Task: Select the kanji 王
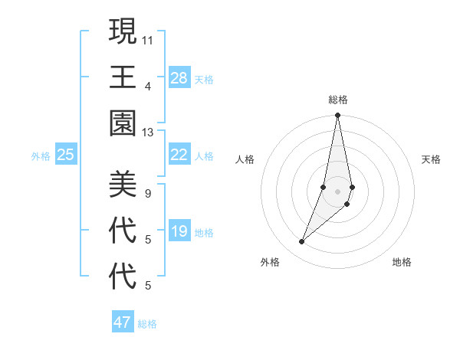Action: point(122,77)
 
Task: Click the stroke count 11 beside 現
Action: point(148,40)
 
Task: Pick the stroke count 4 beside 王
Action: point(148,86)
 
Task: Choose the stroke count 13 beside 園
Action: point(148,133)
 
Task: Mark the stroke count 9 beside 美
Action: point(148,193)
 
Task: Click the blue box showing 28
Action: point(179,77)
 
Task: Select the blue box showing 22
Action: point(179,155)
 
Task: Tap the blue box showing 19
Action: point(179,231)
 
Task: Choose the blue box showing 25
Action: point(65,155)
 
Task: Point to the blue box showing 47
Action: point(123,322)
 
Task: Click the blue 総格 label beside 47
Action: point(147,324)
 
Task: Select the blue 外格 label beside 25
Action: point(41,156)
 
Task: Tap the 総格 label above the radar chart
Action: point(337,100)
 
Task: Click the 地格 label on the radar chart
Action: point(402,262)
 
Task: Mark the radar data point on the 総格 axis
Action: point(337,116)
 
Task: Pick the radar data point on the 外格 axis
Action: point(302,242)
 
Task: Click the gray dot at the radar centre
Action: point(337,191)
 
